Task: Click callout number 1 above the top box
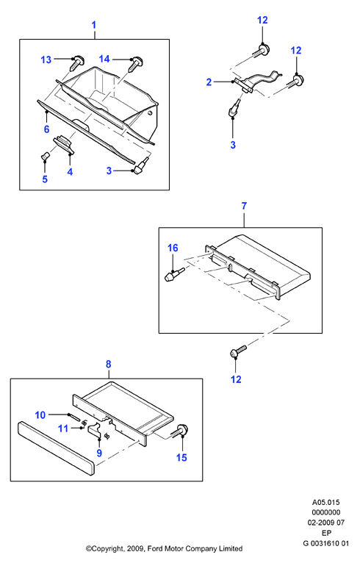point(94,25)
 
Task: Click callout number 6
point(46,129)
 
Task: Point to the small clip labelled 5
point(45,157)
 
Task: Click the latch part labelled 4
point(64,144)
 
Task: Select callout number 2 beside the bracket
point(209,82)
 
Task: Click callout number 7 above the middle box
point(244,206)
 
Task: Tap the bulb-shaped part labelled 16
point(174,274)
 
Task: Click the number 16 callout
point(173,248)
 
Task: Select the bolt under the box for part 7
point(238,351)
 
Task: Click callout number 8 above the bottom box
point(109,364)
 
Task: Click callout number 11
point(63,428)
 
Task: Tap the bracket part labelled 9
point(95,431)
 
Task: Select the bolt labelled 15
point(181,431)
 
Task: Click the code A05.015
point(325,502)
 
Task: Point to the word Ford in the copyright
point(155,548)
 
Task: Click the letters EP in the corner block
point(326,533)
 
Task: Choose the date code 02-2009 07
point(325,523)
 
